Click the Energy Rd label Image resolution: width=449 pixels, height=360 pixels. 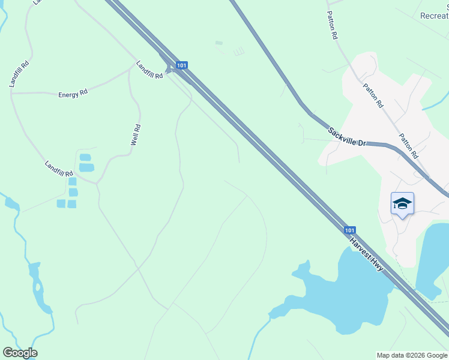pyautogui.click(x=73, y=94)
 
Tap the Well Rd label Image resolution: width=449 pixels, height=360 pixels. pyautogui.click(x=136, y=135)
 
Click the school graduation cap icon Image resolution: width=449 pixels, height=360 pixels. pyautogui.click(x=402, y=204)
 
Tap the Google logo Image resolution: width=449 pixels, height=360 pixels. pyautogui.click(x=20, y=353)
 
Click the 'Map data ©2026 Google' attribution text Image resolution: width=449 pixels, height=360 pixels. pyautogui.click(x=412, y=355)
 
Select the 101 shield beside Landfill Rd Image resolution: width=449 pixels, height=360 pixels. pyautogui.click(x=182, y=64)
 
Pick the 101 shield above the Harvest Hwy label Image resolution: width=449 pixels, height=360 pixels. pyautogui.click(x=350, y=230)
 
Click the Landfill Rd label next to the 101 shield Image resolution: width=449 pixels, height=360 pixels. pyautogui.click(x=149, y=70)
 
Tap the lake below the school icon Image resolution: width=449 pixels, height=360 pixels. pyautogui.click(x=433, y=258)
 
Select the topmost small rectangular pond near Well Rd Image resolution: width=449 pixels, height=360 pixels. pyautogui.click(x=86, y=158)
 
